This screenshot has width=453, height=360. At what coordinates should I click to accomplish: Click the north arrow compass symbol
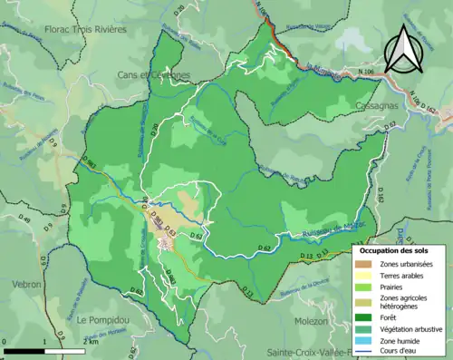403,49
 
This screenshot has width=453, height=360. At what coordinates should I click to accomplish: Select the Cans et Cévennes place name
153,74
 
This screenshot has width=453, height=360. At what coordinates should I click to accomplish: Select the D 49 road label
24,219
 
